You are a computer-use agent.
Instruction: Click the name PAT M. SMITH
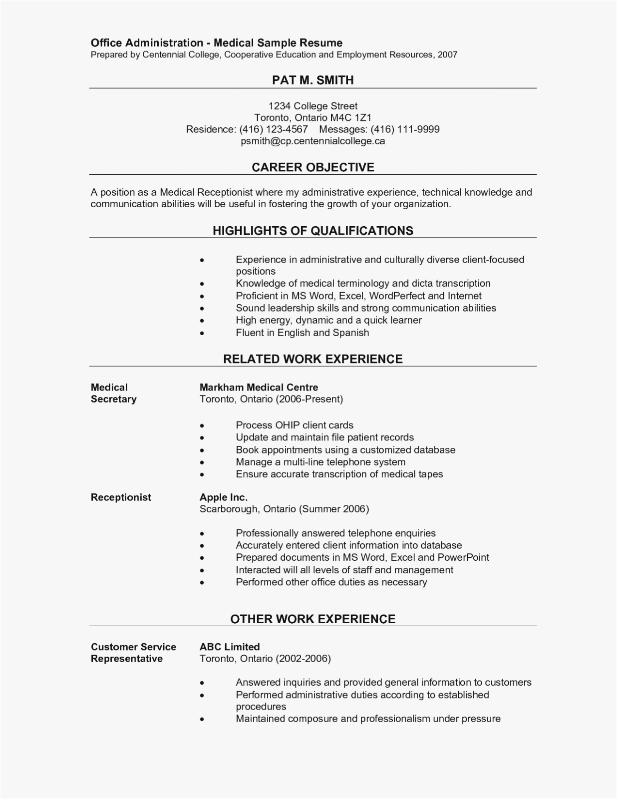pos(312,80)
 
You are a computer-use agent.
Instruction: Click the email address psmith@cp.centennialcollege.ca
pos(312,141)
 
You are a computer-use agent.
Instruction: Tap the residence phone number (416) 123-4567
pos(274,129)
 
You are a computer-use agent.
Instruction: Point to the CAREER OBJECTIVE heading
pos(312,167)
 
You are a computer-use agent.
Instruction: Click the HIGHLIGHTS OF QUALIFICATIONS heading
pos(312,231)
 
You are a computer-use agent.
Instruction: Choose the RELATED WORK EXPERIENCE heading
pos(312,359)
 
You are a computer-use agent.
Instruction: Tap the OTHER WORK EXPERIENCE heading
pos(312,619)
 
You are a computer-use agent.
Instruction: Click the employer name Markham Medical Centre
pos(259,388)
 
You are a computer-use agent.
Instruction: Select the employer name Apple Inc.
pos(223,497)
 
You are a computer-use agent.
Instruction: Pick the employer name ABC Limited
pos(230,647)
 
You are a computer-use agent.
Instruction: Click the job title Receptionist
pos(121,497)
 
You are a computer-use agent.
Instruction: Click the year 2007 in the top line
pos(447,55)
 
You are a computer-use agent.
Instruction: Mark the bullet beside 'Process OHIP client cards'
pos(202,426)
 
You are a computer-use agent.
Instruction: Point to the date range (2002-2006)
pos(303,659)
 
